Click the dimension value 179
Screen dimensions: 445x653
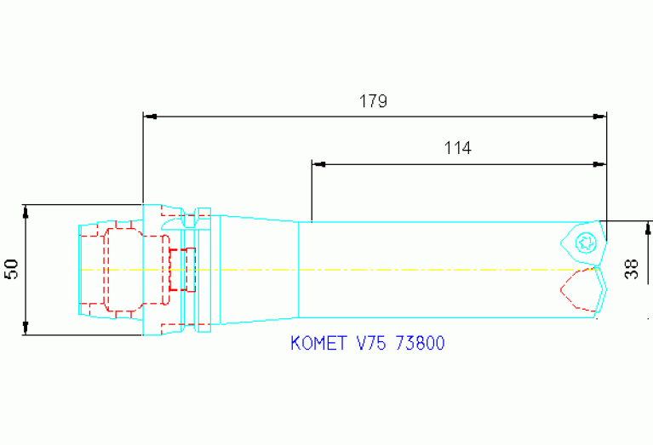(373, 101)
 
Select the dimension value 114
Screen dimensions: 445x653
(457, 148)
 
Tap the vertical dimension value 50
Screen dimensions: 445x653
(12, 270)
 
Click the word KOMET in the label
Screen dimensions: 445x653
(318, 344)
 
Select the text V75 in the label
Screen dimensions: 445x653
(371, 344)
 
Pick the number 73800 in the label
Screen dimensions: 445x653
(420, 344)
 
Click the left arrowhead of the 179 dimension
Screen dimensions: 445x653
(148, 115)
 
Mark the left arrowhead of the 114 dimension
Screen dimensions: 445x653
(318, 163)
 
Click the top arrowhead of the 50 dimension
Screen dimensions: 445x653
(26, 209)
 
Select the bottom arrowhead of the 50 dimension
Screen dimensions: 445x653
(26, 329)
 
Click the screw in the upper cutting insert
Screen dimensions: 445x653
(585, 242)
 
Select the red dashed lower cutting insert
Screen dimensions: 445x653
(582, 289)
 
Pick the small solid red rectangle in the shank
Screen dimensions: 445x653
(178, 270)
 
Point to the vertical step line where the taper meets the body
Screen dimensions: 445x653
(298, 269)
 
